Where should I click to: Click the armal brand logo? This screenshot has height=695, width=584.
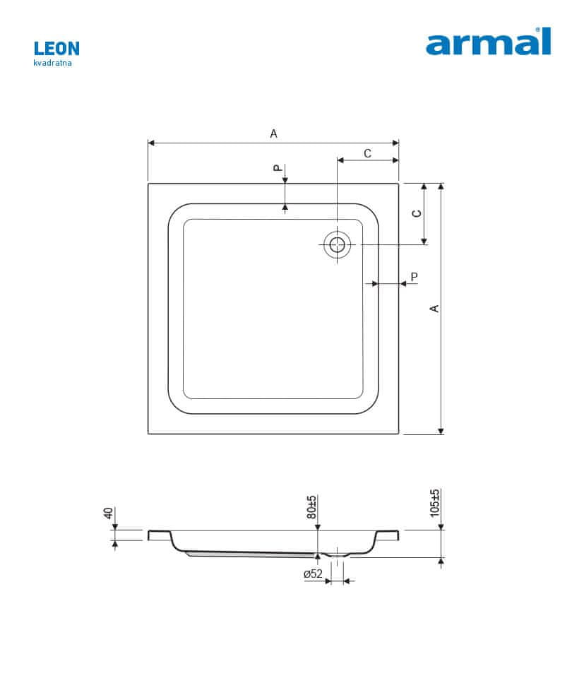point(488,41)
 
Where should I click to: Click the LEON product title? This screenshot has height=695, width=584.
point(56,49)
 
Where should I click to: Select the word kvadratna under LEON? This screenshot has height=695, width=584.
point(53,63)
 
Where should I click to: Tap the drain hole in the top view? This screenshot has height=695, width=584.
point(338,244)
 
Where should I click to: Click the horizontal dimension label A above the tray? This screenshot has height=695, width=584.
point(274,133)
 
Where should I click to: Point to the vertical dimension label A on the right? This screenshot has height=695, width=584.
point(434,308)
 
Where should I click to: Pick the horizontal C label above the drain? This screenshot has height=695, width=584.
point(367,153)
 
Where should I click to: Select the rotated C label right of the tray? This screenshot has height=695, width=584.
point(417,213)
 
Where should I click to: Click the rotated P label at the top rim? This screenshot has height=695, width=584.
point(277,167)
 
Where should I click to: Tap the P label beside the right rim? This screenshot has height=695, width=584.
point(415,277)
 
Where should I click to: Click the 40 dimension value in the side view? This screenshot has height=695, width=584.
point(107,513)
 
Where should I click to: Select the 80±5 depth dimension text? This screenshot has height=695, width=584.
point(311,507)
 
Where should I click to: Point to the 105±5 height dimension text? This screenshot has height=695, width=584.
point(435,503)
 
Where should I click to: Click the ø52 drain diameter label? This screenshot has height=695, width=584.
point(314,574)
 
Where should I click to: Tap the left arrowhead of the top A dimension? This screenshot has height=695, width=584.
point(151,143)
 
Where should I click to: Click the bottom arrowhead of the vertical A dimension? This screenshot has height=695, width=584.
point(441,431)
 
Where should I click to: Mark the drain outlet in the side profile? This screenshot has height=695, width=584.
point(338,553)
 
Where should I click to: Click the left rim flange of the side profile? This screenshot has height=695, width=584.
point(160,535)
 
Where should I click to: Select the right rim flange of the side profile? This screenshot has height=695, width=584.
point(387,535)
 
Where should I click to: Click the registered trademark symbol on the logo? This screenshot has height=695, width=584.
point(538,30)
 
